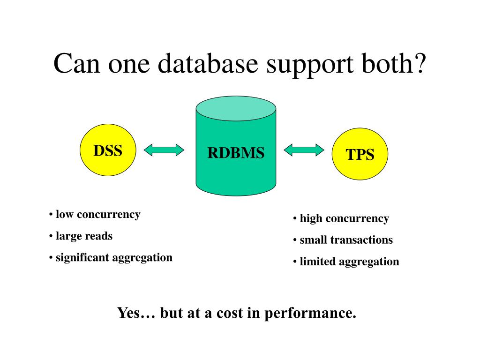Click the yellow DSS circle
coord(108,150)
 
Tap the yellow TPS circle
coord(360,154)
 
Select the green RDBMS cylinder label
coord(236,153)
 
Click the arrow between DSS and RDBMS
coord(164,150)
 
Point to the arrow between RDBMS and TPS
coord(304,150)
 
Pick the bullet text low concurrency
coord(97,215)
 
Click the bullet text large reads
coord(84,236)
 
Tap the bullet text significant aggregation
coord(114,257)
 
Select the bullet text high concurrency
coord(344,218)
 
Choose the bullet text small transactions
coord(346,240)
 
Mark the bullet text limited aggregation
coord(349,262)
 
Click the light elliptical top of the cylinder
coord(236,108)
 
